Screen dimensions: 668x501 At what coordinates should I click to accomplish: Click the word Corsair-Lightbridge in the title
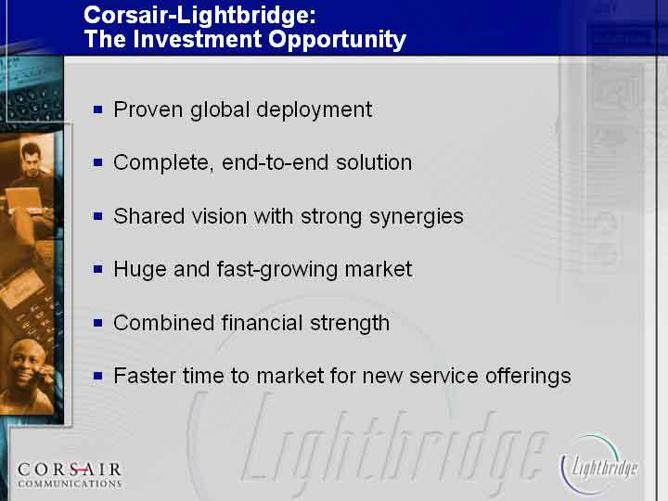[x=199, y=16]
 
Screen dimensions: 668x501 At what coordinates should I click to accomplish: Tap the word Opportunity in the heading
[x=337, y=40]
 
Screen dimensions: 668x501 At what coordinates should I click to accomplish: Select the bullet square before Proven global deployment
[x=98, y=109]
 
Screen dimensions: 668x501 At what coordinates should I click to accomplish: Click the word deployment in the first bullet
[x=315, y=109]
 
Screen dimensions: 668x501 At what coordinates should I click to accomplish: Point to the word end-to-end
[x=276, y=162]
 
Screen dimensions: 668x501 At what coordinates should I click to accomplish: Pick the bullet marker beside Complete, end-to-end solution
[x=98, y=162]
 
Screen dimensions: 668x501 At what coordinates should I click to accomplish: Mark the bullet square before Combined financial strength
[x=98, y=323]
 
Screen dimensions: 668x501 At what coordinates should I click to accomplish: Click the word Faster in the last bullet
[x=145, y=376]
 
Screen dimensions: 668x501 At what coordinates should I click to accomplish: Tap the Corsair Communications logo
[x=70, y=475]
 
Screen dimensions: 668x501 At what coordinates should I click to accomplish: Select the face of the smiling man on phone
[x=26, y=365]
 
